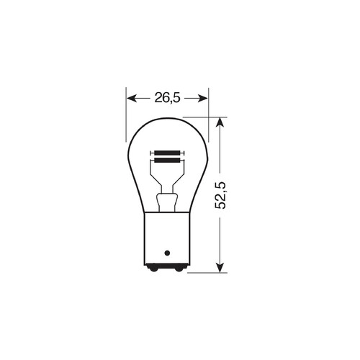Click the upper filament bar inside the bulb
click(167, 152)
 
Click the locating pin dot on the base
click(167, 253)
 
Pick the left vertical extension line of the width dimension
click(126, 115)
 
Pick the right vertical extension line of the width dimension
click(208, 115)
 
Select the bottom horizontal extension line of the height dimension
click(205, 273)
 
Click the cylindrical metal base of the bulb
click(167, 238)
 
